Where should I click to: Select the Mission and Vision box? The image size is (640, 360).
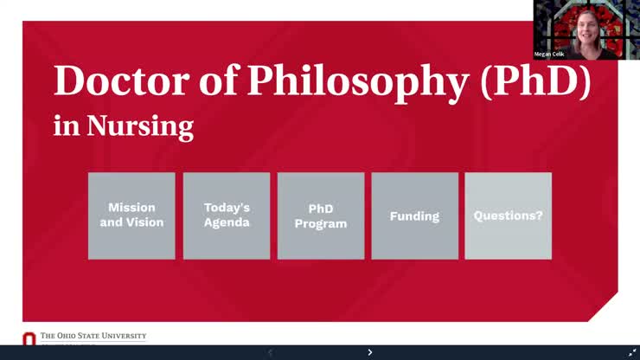tap(131, 215)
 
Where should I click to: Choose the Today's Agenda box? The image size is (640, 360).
tap(227, 215)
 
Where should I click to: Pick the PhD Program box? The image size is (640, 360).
tap(321, 215)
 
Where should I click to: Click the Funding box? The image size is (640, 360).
tap(414, 215)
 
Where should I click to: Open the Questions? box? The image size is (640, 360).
tap(508, 215)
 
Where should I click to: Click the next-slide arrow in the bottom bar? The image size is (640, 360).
tap(370, 352)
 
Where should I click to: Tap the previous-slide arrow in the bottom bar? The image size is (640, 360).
tap(270, 352)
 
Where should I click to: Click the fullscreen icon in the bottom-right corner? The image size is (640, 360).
tap(631, 352)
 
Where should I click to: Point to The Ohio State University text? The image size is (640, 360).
tap(93, 336)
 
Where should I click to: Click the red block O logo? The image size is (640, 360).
tap(29, 339)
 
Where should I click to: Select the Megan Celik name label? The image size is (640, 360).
tap(551, 54)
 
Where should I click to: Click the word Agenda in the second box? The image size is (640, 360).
tap(227, 222)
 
